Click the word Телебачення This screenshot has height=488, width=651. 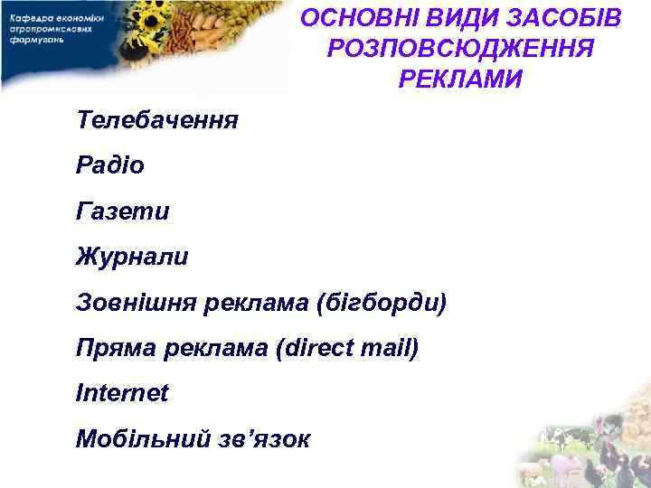coord(157,119)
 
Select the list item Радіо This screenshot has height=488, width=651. coord(110,165)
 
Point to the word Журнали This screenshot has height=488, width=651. coord(133,257)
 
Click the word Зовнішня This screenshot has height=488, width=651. coord(132,302)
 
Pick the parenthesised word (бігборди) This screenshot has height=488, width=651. coord(381,302)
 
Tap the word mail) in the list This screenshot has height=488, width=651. coord(391,347)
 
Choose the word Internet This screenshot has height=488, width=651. coord(122,393)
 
